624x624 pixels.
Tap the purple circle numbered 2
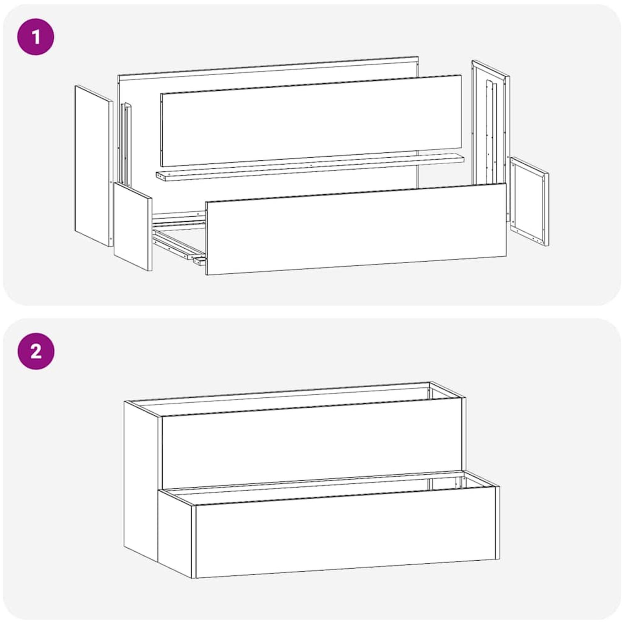(36, 352)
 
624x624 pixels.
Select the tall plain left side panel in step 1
(94, 166)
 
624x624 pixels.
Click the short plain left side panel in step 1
(133, 227)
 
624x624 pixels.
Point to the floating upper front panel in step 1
(311, 121)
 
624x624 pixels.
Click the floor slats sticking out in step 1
(179, 239)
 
